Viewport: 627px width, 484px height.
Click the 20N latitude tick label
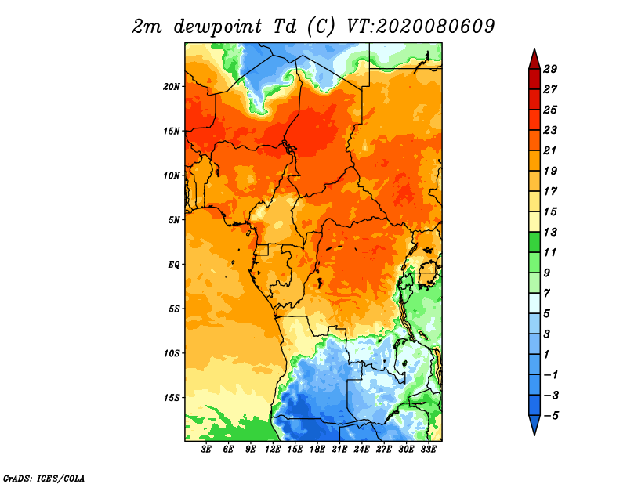172,86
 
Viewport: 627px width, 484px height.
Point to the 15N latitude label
172,131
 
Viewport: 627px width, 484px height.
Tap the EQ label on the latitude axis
175,264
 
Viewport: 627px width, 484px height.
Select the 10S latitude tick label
172,353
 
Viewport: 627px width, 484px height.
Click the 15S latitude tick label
172,398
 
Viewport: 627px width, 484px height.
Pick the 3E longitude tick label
207,450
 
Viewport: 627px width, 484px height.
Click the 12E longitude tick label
273,450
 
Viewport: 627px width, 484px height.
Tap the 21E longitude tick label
339,450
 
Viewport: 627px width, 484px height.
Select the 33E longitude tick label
428,450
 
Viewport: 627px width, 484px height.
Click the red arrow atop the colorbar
533,59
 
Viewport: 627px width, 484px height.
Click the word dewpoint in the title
208,27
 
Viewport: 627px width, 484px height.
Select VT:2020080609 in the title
420,26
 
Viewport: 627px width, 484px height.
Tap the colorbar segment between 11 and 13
533,242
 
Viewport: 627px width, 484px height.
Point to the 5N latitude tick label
175,220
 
